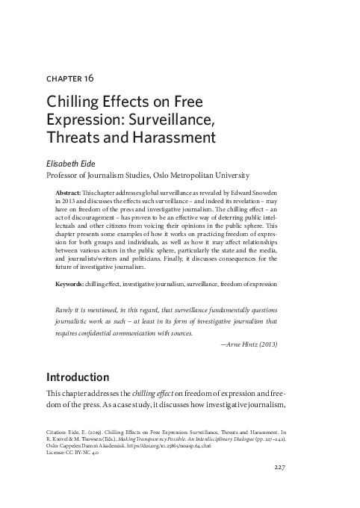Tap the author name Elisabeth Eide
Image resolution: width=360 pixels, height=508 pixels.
[x=76, y=162]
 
